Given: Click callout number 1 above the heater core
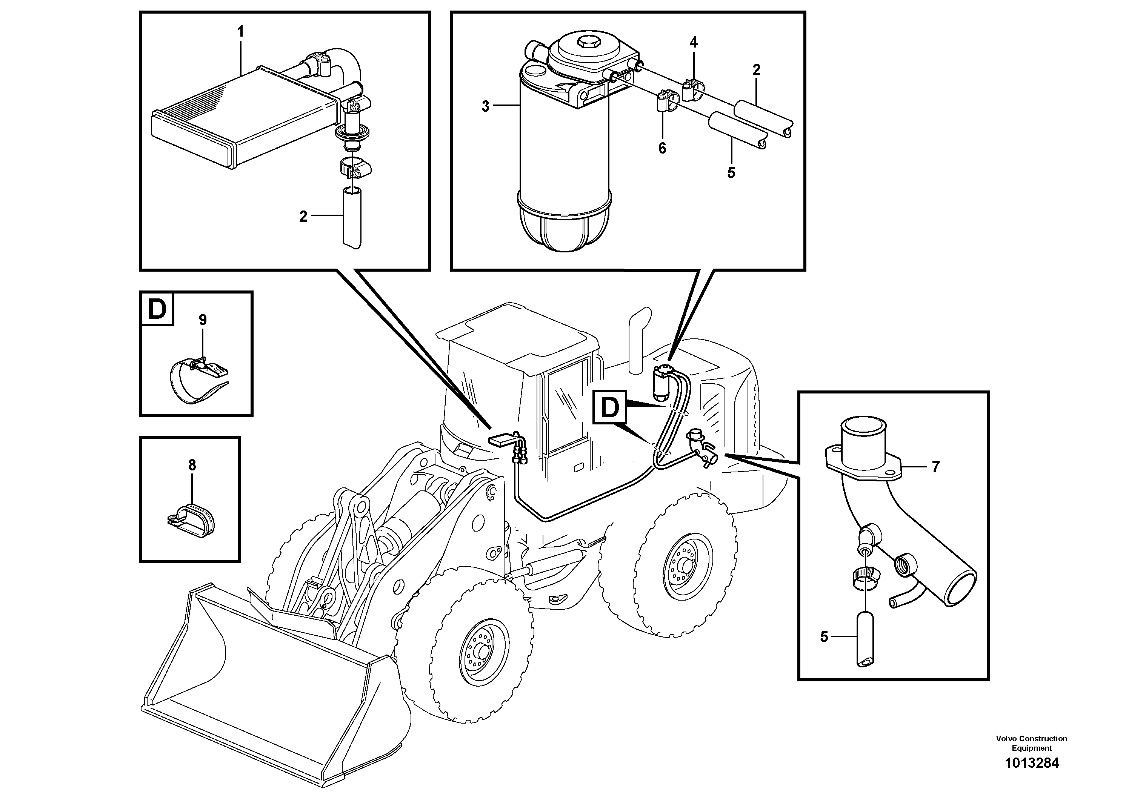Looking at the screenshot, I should pyautogui.click(x=240, y=32).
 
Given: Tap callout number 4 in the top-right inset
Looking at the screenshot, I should pyautogui.click(x=694, y=43).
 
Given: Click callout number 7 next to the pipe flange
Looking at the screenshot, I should pyautogui.click(x=935, y=467).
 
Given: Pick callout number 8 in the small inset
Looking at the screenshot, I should pyautogui.click(x=192, y=465).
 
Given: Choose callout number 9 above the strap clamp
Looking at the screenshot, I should pyautogui.click(x=203, y=320).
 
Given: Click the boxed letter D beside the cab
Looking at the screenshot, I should pyautogui.click(x=609, y=407).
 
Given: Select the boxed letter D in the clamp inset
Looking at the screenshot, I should pyautogui.click(x=157, y=309).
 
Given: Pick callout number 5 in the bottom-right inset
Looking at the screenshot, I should pyautogui.click(x=824, y=637).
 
